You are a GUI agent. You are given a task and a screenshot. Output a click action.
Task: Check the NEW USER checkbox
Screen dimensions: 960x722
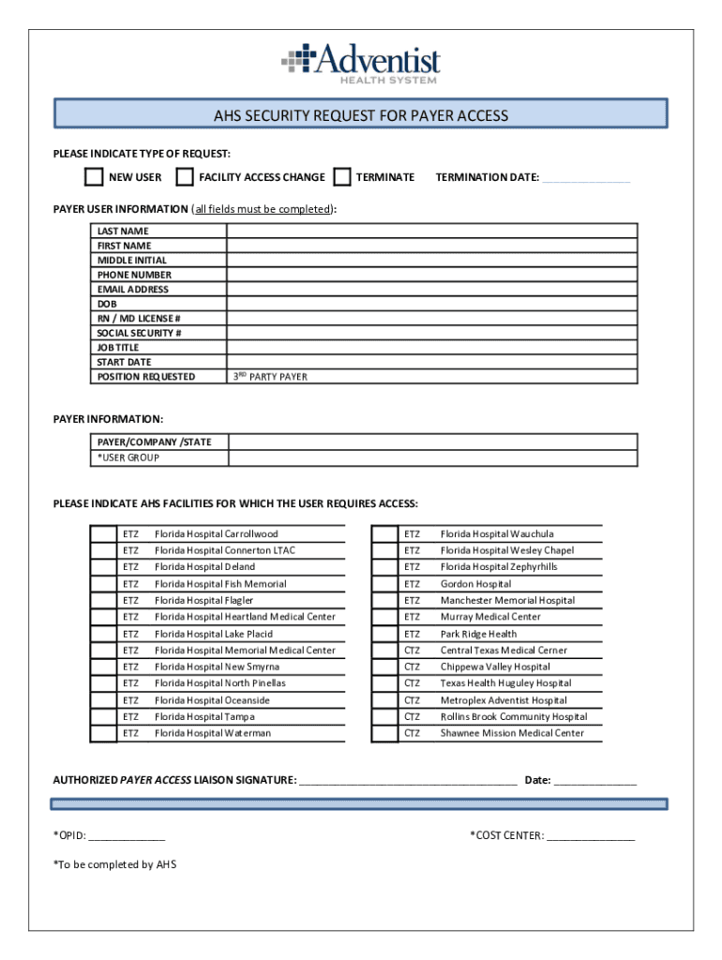94,177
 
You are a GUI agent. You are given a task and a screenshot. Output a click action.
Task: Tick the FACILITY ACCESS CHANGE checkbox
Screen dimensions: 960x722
185,177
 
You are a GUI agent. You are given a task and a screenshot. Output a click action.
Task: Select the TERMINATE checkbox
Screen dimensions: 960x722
342,177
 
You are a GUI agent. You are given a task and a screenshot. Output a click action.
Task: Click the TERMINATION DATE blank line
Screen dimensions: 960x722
586,178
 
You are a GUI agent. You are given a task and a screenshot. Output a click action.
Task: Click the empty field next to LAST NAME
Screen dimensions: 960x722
431,231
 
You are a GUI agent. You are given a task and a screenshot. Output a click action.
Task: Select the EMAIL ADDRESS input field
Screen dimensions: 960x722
431,290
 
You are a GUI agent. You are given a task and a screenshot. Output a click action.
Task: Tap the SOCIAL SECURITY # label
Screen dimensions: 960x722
140,333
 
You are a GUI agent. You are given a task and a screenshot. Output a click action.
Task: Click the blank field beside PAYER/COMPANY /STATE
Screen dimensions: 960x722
431,442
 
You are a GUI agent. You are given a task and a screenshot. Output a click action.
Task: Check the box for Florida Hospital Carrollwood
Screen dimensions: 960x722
102,534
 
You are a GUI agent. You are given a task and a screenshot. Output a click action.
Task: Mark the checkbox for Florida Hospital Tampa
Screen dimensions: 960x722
102,717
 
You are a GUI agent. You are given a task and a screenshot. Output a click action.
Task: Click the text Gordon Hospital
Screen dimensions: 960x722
475,584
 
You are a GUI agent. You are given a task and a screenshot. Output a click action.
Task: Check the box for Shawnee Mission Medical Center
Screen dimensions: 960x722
384,733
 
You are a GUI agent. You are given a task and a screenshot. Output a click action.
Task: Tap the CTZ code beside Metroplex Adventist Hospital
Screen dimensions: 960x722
412,700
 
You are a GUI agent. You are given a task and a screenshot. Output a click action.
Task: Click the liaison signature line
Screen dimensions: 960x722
408,779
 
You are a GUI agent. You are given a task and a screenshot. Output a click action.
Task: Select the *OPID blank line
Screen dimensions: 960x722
127,836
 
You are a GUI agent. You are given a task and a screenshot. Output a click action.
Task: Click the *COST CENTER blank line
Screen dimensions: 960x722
591,836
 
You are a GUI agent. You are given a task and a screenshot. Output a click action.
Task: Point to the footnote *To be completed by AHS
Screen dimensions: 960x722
114,864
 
